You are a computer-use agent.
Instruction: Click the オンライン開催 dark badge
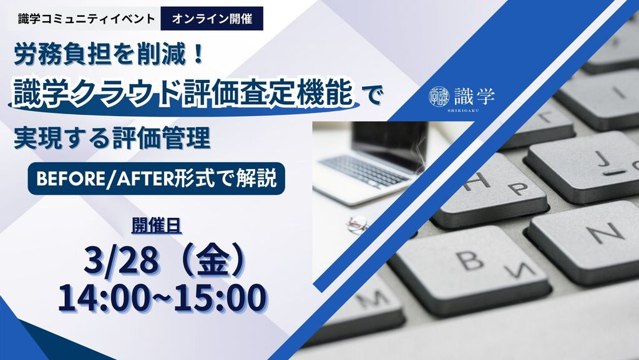(x=212, y=19)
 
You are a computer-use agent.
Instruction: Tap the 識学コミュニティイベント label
(x=86, y=19)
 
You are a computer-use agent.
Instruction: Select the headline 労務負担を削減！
(x=109, y=56)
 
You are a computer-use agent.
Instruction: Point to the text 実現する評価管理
(x=112, y=138)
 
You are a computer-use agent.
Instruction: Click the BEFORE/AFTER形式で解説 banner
(x=156, y=178)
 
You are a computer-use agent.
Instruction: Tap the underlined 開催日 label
(x=157, y=226)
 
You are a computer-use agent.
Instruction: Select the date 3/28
(x=120, y=262)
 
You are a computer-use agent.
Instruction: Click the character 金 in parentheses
(x=212, y=262)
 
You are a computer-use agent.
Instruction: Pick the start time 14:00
(x=103, y=298)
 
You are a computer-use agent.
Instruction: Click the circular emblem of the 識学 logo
(x=439, y=96)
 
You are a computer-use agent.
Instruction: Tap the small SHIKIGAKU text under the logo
(x=462, y=110)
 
